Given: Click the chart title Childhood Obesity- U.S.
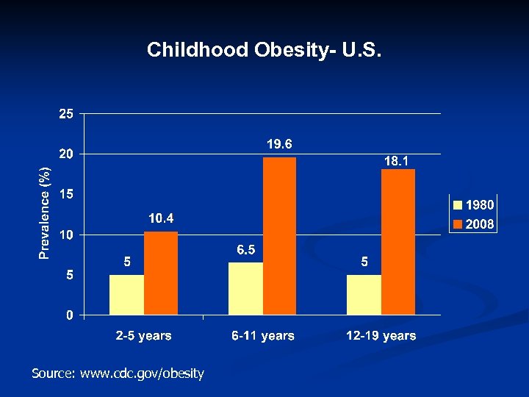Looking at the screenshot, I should tap(264, 50).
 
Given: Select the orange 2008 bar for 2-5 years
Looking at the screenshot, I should tap(160, 273).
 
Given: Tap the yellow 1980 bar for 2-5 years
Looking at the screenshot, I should tap(126, 295).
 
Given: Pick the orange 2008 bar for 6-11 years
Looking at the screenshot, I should tap(279, 236).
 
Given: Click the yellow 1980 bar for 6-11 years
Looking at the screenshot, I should tap(245, 289).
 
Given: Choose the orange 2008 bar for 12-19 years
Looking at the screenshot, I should tap(397, 243).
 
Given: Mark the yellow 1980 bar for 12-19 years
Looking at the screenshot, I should tap(364, 295).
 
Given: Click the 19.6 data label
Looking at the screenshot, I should tap(279, 143).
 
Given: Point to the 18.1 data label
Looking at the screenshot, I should tap(397, 160).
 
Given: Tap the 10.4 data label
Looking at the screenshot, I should tap(161, 218).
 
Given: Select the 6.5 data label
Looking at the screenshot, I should tap(245, 250).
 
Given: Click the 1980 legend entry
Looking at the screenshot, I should tap(473, 205).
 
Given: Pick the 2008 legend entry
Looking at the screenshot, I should tap(473, 224).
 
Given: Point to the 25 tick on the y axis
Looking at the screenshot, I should tap(66, 114).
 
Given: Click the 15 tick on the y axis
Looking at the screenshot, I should tap(66, 195).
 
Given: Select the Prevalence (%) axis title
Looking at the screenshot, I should tap(46, 213).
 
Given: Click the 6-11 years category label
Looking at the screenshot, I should tap(262, 336).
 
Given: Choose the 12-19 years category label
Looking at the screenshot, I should tap(381, 336).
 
